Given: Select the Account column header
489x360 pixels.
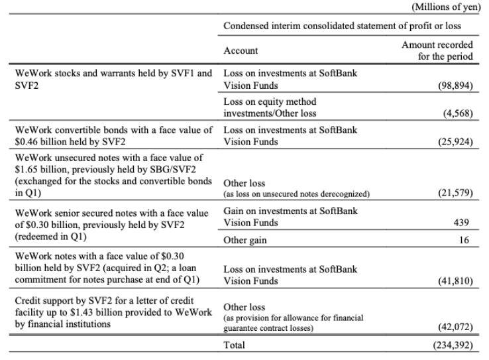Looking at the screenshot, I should pyautogui.click(x=241, y=50).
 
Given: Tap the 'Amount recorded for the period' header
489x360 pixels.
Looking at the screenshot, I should pyautogui.click(x=437, y=50).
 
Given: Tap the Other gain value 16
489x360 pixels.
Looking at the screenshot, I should pyautogui.click(x=468, y=240).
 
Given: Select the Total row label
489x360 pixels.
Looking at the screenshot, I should pyautogui.click(x=235, y=345).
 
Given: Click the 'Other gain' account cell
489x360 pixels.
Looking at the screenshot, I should pyautogui.click(x=245, y=240).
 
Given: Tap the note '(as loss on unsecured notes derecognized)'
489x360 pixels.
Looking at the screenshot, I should pyautogui.click(x=297, y=194).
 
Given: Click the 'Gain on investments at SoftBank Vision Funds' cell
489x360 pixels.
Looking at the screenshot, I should pyautogui.click(x=290, y=217).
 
